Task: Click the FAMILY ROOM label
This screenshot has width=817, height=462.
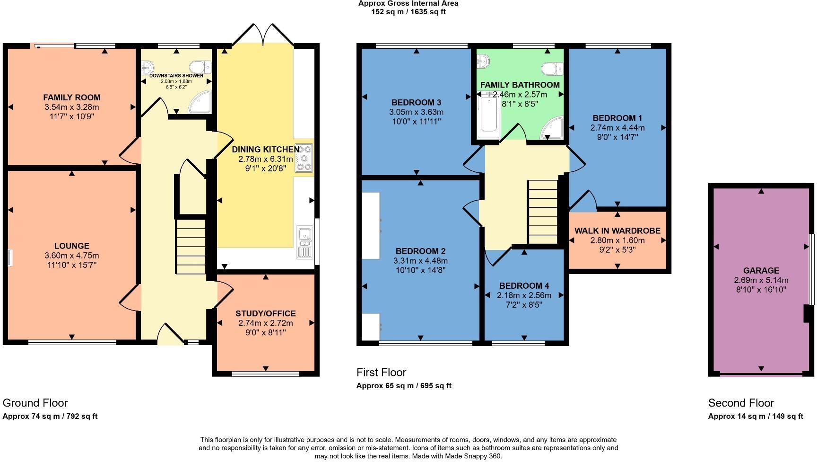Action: click(x=72, y=98)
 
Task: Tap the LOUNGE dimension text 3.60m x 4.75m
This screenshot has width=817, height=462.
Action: click(x=72, y=256)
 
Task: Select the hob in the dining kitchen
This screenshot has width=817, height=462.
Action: click(x=304, y=158)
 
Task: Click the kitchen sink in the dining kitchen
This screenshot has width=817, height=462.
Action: click(x=305, y=242)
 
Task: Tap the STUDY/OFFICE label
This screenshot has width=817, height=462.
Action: click(x=266, y=313)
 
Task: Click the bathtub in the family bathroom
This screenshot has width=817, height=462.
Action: click(x=488, y=116)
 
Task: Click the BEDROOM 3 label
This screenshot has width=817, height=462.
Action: click(x=416, y=103)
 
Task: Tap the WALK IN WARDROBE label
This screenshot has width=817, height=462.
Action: click(x=617, y=231)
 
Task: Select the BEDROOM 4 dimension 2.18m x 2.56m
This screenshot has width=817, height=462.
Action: click(x=524, y=295)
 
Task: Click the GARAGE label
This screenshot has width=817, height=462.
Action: click(x=761, y=271)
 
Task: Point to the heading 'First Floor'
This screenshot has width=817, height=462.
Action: click(x=381, y=373)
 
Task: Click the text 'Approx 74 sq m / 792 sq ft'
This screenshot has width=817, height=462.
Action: click(x=50, y=417)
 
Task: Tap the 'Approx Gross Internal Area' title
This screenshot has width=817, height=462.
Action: click(x=408, y=3)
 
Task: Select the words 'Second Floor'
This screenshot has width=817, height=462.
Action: click(x=741, y=403)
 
